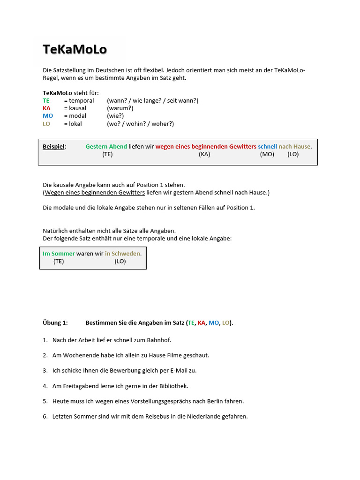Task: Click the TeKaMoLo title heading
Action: pos(75,49)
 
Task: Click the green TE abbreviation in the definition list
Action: pos(46,101)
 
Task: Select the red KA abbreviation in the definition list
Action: pos(46,108)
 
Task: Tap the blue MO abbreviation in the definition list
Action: pos(47,116)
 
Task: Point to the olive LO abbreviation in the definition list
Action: pos(46,124)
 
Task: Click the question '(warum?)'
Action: pos(120,108)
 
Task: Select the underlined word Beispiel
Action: pos(54,147)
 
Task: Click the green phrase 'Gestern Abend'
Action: pos(106,147)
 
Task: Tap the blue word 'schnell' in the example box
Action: pos(267,147)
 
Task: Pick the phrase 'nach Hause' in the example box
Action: pos(294,147)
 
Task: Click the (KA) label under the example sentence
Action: pos(204,154)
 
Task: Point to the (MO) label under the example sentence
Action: pos(267,154)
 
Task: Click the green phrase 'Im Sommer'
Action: pos(59,254)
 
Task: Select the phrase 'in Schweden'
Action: pos(122,254)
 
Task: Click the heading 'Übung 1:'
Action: pos(55,323)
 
